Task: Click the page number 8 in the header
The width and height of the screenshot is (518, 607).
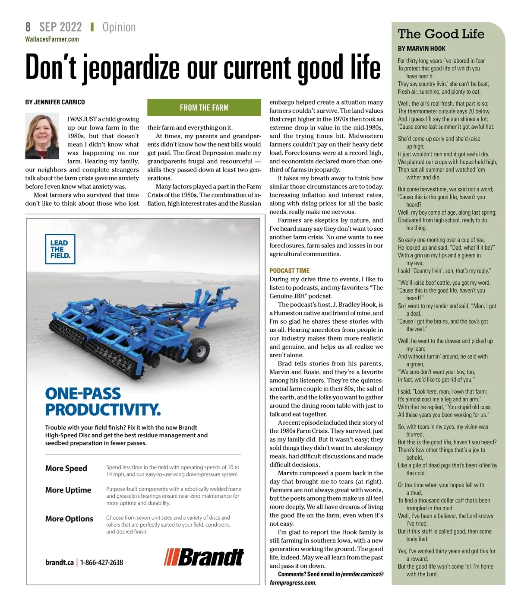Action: pos(28,27)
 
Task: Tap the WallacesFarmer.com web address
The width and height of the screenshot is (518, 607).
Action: pos(52,39)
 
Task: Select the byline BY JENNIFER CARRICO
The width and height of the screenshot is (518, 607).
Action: pos(55,102)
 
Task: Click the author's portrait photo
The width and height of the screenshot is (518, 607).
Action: pos(42,137)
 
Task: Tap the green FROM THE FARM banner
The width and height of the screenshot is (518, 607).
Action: pos(204,108)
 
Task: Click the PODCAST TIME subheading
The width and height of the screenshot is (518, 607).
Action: pos(289,271)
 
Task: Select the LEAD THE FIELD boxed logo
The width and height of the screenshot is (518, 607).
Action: pos(60,249)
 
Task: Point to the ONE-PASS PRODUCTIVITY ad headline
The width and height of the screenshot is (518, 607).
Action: pos(103,401)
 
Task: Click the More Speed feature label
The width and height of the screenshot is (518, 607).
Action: pos(66,468)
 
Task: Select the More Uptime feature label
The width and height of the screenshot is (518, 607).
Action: pos(68,490)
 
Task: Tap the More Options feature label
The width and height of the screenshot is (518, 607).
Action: pos(69,518)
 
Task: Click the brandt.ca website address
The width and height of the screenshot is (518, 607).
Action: pos(59,563)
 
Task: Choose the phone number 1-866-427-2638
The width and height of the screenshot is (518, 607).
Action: pos(101,563)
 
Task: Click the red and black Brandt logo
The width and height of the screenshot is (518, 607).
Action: pos(204,557)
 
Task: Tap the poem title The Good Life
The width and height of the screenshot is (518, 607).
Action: pos(441,34)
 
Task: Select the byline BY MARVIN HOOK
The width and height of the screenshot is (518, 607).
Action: pos(421,49)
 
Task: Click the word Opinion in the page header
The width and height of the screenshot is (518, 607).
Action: pos(119,27)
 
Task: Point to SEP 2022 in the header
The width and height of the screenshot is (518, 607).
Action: pos(60,27)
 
